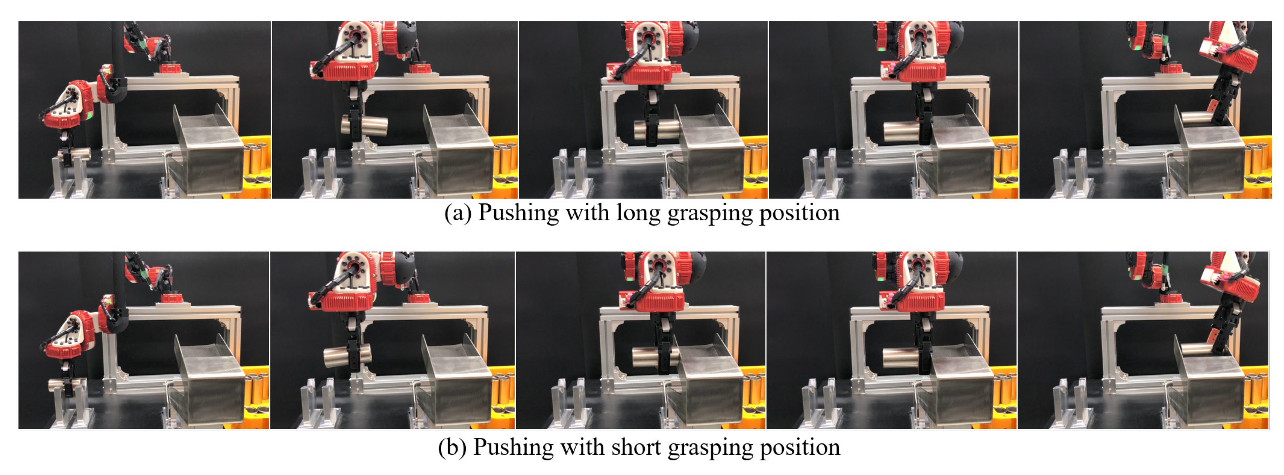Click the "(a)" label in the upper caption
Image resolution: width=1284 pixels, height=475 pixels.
coord(457,213)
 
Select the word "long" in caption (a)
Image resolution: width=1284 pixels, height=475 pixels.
coord(637,213)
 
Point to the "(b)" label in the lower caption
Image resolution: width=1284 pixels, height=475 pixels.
coord(452,447)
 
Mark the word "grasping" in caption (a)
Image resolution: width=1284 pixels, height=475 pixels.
coord(710,213)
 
